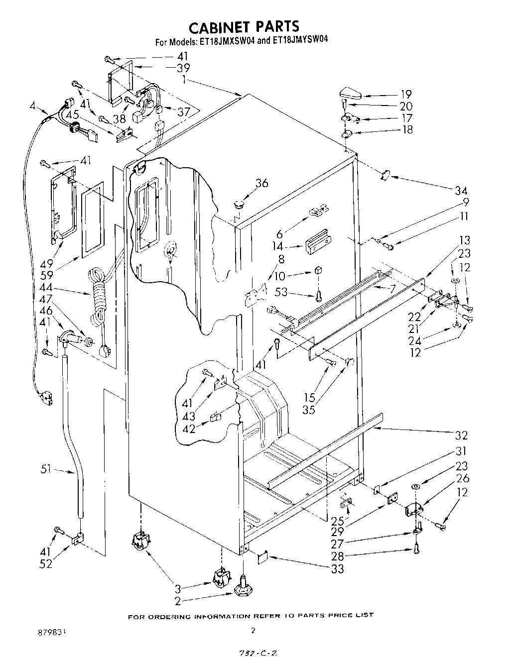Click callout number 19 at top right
(x=406, y=94)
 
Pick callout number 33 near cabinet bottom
(x=337, y=568)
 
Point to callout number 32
(x=461, y=436)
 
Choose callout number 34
(x=461, y=190)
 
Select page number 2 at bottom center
(x=253, y=630)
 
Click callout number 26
(x=463, y=479)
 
